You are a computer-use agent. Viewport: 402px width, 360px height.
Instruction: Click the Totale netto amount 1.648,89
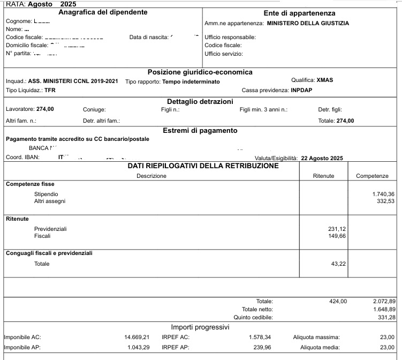(x=384, y=309)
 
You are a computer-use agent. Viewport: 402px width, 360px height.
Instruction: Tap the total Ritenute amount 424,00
(x=338, y=301)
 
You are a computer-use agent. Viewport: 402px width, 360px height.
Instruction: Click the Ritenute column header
(x=323, y=176)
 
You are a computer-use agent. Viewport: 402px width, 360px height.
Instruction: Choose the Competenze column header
(x=372, y=176)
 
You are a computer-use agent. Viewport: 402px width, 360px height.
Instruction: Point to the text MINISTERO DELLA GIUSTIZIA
(x=308, y=24)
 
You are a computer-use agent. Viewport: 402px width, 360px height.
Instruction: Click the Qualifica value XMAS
(x=325, y=80)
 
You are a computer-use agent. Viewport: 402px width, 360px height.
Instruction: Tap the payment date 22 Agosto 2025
(x=322, y=158)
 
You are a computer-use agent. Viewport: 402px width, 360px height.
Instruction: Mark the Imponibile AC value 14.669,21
(x=134, y=337)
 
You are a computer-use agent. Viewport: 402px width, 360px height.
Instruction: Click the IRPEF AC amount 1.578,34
(x=260, y=337)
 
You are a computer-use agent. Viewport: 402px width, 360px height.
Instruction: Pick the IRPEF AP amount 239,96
(x=262, y=347)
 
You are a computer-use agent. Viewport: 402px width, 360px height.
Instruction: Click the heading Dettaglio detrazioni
(x=200, y=101)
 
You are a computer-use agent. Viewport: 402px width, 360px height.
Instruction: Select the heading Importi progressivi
(x=200, y=327)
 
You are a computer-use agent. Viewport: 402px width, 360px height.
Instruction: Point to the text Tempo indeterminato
(x=191, y=81)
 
